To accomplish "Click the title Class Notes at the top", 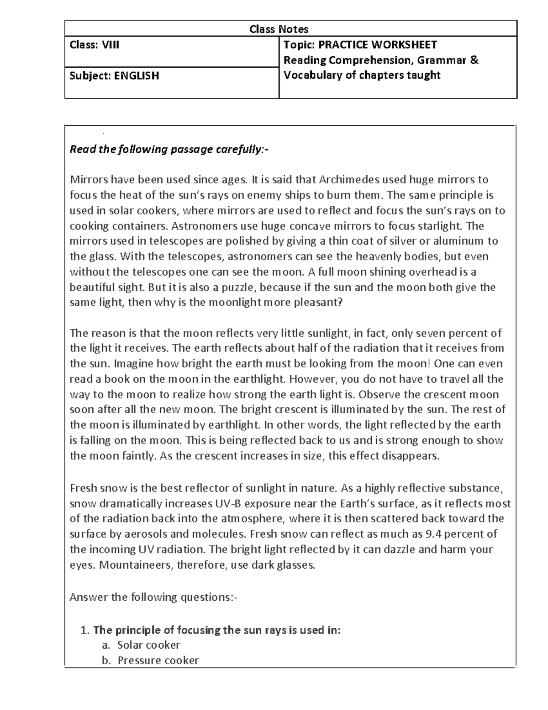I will (279, 29).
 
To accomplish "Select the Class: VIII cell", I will (95, 45).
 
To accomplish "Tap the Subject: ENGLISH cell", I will (114, 75).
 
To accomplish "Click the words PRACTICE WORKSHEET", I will (377, 45).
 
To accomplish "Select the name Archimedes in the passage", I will (348, 180).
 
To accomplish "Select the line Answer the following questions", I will (153, 597).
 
